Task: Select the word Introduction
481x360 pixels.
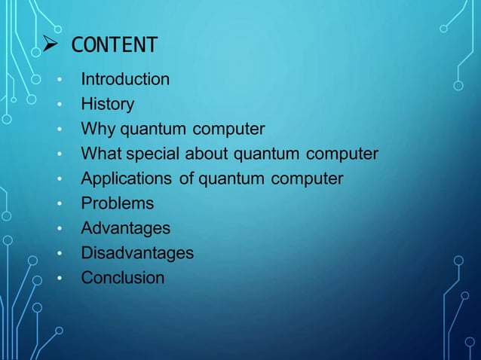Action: (x=125, y=79)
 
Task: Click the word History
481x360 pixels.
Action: (x=107, y=104)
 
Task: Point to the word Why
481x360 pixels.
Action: (x=97, y=130)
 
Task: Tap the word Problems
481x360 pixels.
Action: (x=117, y=203)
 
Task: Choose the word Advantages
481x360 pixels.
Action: (x=125, y=228)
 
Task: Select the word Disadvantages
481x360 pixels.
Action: (x=137, y=253)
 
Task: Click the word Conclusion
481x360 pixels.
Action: (x=122, y=278)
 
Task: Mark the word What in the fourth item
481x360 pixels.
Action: (x=101, y=154)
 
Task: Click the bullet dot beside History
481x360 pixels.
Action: (x=58, y=105)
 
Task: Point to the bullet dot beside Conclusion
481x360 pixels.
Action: (x=58, y=279)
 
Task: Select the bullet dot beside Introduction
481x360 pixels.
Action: (x=58, y=80)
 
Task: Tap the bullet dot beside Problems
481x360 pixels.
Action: (x=58, y=204)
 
